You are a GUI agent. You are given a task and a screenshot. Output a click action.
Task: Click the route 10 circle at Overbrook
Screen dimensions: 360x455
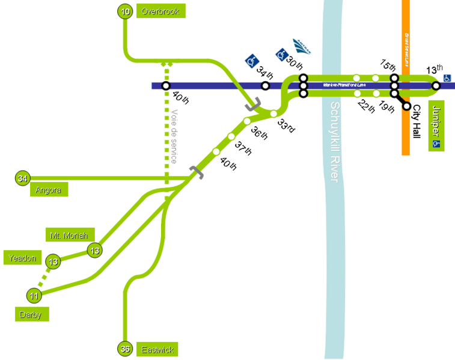tap(125, 11)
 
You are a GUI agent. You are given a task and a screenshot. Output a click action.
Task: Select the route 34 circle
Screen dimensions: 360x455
tap(23, 178)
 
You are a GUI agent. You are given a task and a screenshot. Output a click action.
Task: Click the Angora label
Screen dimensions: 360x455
tap(49, 190)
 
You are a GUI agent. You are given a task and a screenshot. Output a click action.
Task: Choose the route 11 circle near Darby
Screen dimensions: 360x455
tap(34, 296)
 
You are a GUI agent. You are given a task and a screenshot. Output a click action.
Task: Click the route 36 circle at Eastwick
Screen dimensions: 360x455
tap(124, 349)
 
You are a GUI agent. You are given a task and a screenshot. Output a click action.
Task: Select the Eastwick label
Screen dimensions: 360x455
tap(157, 350)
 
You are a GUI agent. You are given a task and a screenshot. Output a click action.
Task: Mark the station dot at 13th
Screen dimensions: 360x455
tap(436, 86)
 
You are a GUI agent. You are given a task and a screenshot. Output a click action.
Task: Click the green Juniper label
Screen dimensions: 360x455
tap(436, 126)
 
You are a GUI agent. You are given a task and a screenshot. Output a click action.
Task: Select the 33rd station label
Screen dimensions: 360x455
tap(286, 126)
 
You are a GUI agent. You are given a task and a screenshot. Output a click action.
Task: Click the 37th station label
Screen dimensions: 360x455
tap(242, 147)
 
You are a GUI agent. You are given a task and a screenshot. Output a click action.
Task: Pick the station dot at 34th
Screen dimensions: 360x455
tap(265, 86)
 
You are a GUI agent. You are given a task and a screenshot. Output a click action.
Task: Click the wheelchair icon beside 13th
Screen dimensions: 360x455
tap(447, 78)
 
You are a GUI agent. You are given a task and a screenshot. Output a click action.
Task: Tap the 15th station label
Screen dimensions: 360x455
tap(388, 64)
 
